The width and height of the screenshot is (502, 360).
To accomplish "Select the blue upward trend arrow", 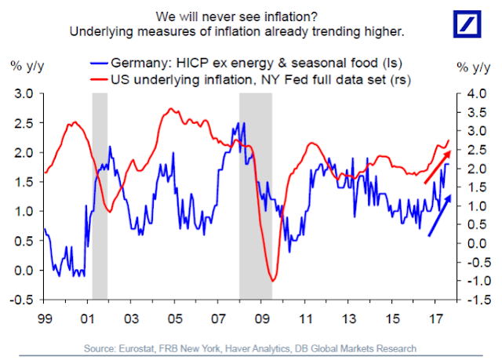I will pyautogui.click(x=440, y=215).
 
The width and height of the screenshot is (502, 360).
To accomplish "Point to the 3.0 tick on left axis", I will pyautogui.click(x=23, y=93).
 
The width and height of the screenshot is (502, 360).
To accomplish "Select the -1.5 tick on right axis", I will pyautogui.click(x=474, y=300).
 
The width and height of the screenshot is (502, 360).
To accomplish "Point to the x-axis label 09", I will pyautogui.click(x=262, y=320).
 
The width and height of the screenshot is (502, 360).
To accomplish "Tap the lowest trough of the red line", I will pyautogui.click(x=272, y=280).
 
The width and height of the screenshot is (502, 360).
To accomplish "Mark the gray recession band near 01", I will pyautogui.click(x=100, y=196).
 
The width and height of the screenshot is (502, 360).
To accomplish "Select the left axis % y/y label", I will pyautogui.click(x=24, y=63).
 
